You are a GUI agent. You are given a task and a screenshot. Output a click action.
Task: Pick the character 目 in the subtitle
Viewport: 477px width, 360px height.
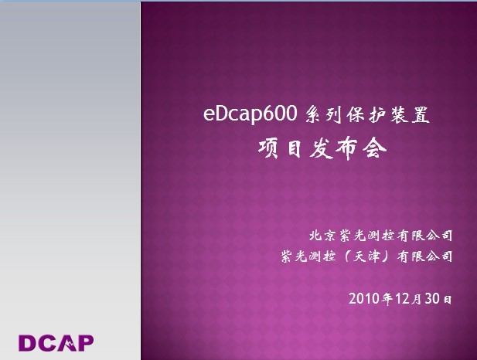tap(296, 147)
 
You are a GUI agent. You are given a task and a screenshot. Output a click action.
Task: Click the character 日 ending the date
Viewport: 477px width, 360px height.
tap(446, 298)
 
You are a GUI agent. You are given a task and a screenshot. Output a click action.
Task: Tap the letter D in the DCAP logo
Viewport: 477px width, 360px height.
tap(28, 342)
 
